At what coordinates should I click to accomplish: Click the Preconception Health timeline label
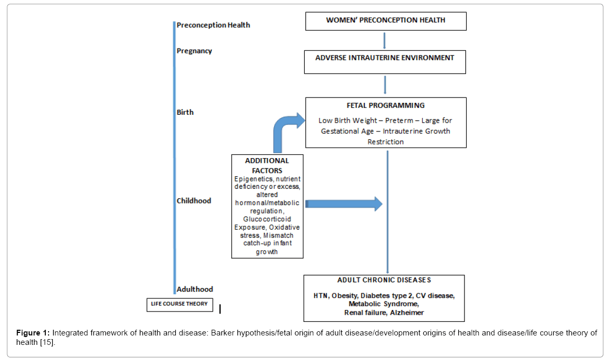213,25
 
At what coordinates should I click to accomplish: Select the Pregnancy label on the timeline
194,51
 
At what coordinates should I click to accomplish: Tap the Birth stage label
185,112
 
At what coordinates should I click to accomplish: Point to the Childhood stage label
194,201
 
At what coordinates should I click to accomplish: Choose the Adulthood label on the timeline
195,289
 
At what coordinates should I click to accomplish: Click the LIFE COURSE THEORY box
180,305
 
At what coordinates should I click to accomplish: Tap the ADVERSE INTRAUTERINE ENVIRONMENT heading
385,58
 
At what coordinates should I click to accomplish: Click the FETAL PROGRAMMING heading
386,105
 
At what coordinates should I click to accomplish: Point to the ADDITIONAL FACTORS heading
267,165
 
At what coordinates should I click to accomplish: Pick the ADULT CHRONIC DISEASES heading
384,280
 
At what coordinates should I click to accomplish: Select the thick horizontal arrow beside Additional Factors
344,204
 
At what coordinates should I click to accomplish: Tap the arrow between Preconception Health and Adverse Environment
384,41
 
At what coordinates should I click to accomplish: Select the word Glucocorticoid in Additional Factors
267,219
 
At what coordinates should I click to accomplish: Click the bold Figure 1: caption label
33,333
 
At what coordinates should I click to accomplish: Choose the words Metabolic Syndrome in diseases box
384,304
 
